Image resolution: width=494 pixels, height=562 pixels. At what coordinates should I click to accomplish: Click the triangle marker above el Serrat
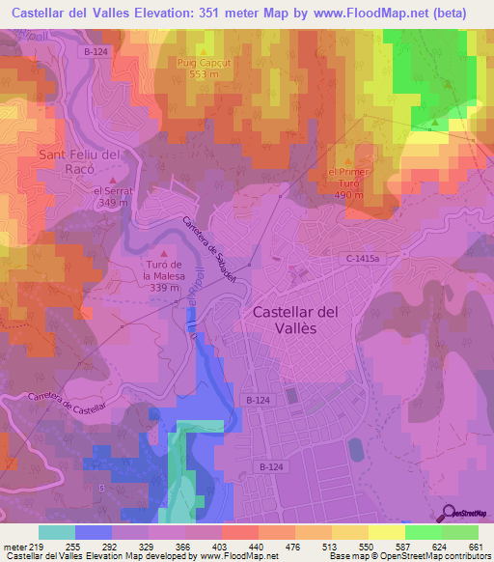[x=112, y=180]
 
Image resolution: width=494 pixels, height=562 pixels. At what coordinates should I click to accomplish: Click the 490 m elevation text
[x=348, y=194]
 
